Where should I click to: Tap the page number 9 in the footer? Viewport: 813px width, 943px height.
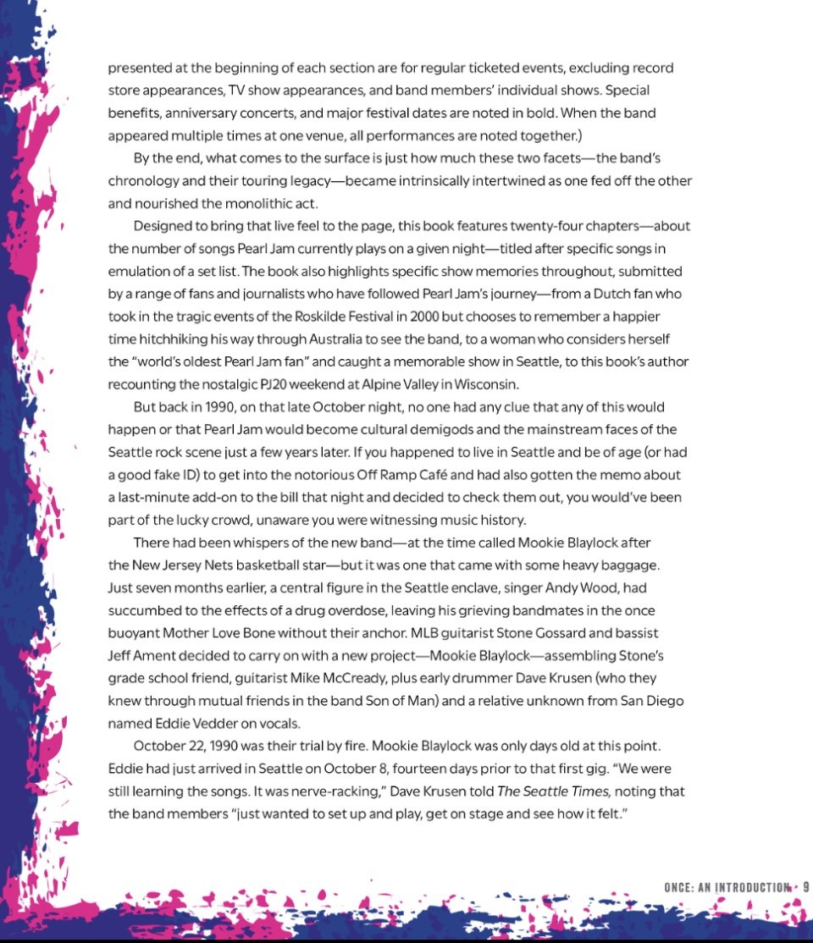pyautogui.click(x=805, y=886)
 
